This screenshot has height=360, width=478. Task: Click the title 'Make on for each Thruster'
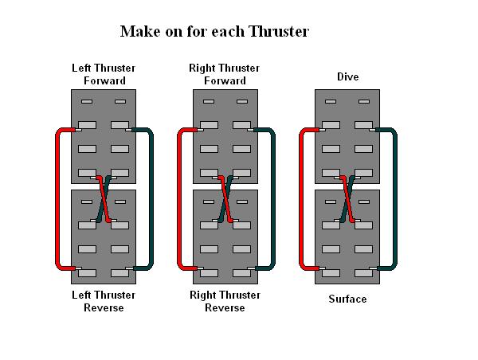214,32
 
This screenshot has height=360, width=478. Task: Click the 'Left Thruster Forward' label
104,74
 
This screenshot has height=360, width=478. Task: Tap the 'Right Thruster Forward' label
225,74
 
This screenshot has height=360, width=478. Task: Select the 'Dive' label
348,77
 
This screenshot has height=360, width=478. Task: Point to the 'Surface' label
348,299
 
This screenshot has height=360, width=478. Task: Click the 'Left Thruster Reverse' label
104,301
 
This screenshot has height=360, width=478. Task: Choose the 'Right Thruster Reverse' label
225,301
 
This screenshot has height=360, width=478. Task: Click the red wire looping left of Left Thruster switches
57,199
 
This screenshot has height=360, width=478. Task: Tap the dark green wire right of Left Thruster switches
151,199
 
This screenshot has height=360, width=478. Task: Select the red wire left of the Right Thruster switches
179,199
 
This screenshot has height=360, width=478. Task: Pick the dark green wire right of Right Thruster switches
272,199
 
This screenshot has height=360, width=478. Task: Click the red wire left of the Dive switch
301,199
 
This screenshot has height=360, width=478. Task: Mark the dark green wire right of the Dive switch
394,199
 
